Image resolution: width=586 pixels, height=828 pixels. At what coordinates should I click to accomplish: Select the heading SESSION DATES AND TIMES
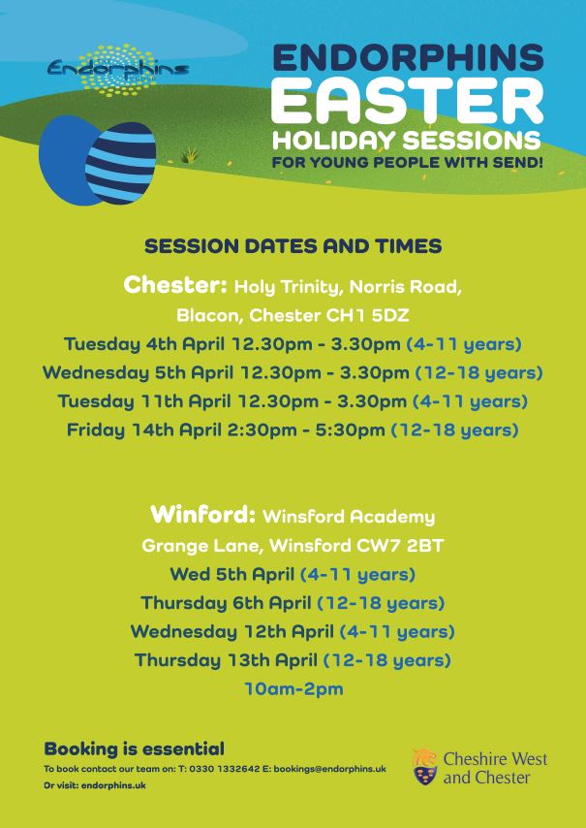(x=293, y=246)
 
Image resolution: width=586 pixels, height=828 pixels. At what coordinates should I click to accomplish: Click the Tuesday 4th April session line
(x=293, y=344)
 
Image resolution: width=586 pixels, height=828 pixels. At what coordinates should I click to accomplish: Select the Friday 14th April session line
(x=293, y=430)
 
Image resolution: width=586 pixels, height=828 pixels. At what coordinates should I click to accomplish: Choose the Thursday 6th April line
(x=293, y=603)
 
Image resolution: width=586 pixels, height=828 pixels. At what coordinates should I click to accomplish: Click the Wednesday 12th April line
(x=293, y=632)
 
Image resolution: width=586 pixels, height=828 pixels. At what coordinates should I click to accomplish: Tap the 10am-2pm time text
(x=293, y=690)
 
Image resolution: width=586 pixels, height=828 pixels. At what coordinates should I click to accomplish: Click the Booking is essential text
(x=134, y=748)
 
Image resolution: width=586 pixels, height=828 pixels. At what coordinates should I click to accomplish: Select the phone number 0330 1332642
(x=226, y=769)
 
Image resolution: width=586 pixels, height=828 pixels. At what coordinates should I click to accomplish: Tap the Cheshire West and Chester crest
(x=424, y=766)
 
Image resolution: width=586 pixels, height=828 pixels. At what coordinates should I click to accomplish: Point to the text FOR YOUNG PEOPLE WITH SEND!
(x=407, y=161)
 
